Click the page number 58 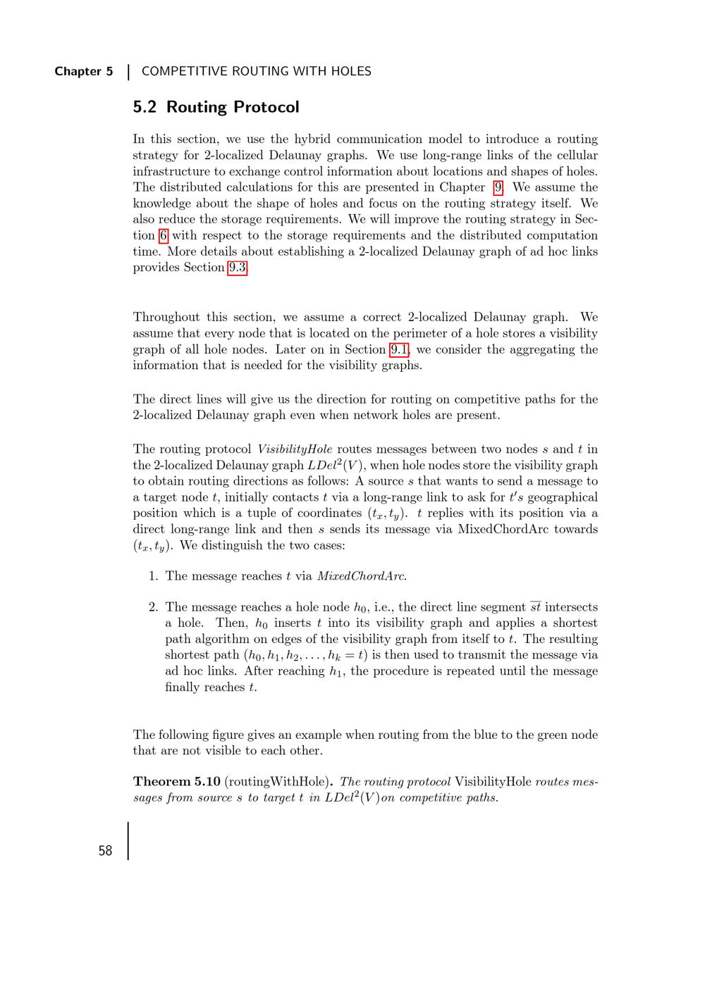point(105,851)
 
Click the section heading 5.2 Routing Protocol point(216,107)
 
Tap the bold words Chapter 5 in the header point(83,71)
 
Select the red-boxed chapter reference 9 point(498,187)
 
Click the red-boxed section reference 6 point(164,235)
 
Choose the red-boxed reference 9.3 point(238,268)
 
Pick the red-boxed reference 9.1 point(400,349)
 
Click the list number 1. point(153,576)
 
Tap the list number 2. point(153,607)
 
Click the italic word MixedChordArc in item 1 point(361,576)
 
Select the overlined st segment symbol point(536,607)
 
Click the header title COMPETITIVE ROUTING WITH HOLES point(257,71)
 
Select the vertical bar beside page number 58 point(128,841)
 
